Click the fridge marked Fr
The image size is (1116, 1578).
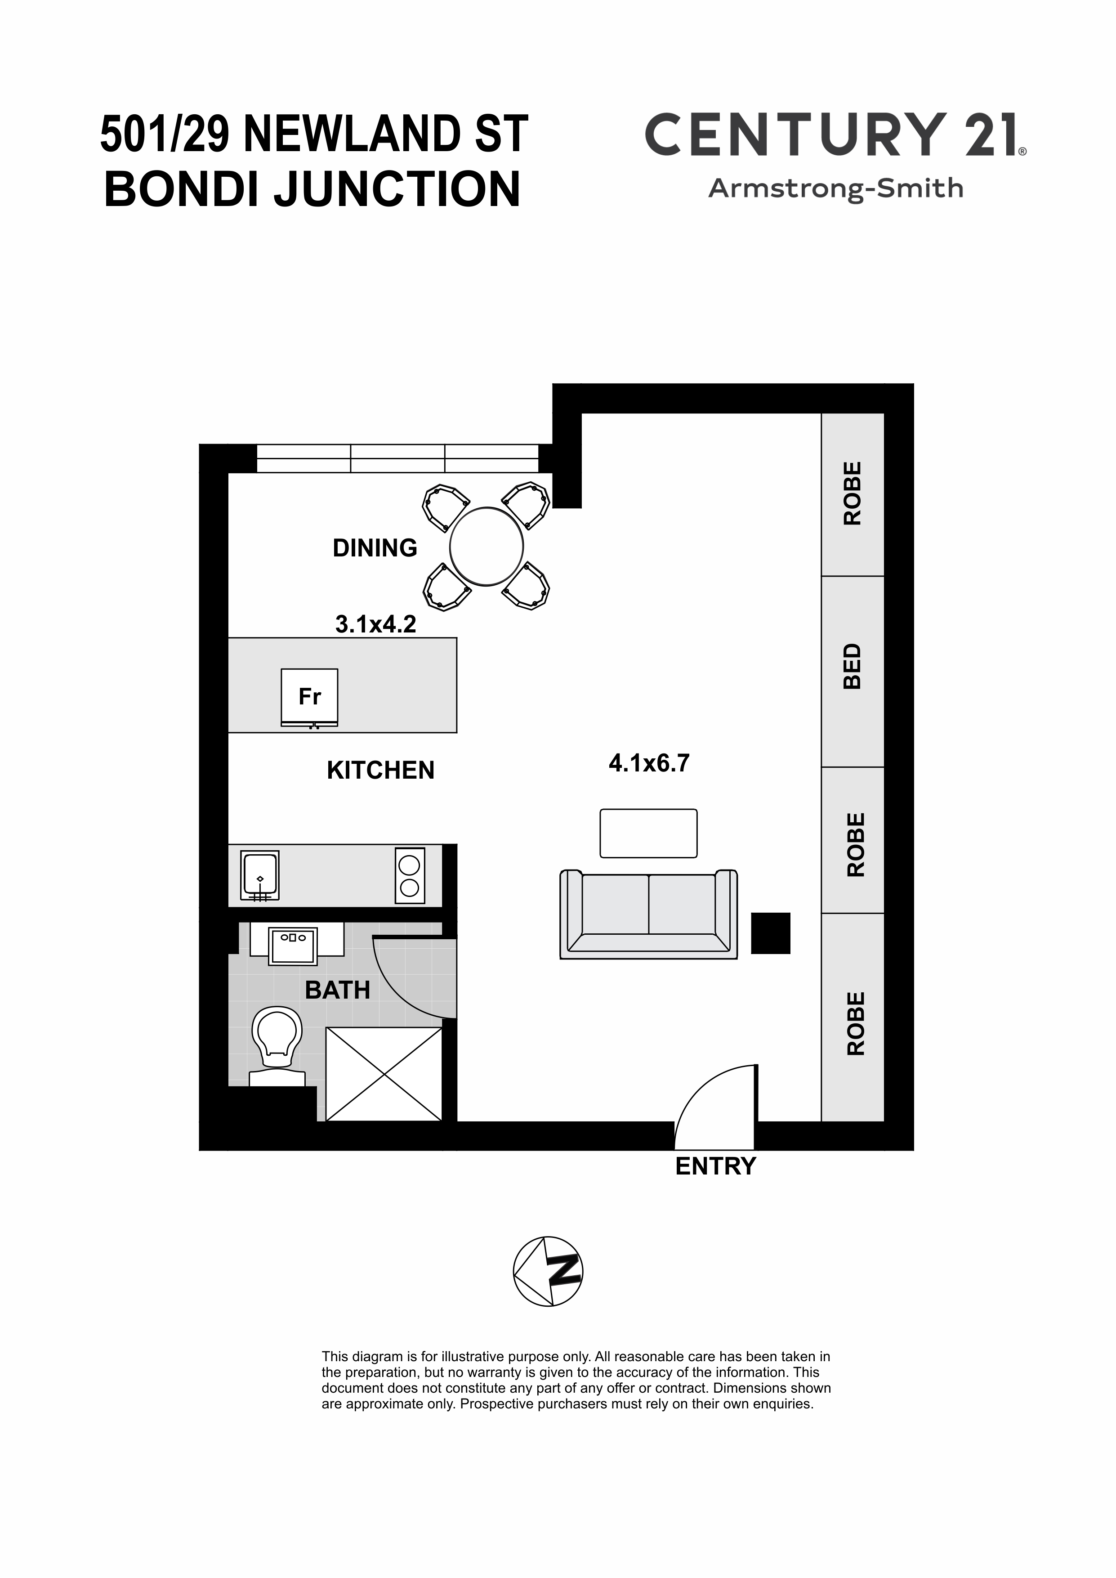(x=309, y=698)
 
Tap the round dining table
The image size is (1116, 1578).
(x=487, y=547)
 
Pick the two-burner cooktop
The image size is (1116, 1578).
(x=410, y=876)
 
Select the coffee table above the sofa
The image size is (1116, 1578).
(x=649, y=833)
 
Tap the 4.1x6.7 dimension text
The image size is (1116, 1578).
(x=649, y=763)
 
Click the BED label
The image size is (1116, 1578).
(x=852, y=666)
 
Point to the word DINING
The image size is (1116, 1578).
(x=375, y=548)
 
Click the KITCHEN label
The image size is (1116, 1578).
(x=381, y=771)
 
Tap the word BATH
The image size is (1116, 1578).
(x=337, y=991)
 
